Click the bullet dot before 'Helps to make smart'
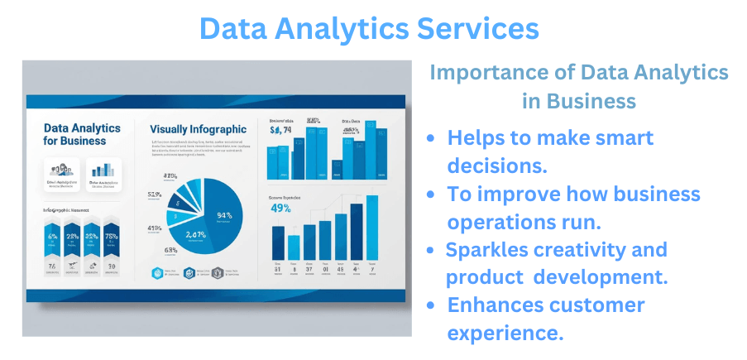[x=430, y=138]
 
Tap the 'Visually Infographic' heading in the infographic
[x=199, y=129]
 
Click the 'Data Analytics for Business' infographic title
[x=81, y=134]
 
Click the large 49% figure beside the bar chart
[x=280, y=209]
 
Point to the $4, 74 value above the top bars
[x=281, y=129]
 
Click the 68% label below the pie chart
[x=171, y=250]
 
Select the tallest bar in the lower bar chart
[x=372, y=228]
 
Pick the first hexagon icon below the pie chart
[x=157, y=272]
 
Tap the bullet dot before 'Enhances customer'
[x=430, y=305]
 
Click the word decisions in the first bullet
[x=497, y=166]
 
